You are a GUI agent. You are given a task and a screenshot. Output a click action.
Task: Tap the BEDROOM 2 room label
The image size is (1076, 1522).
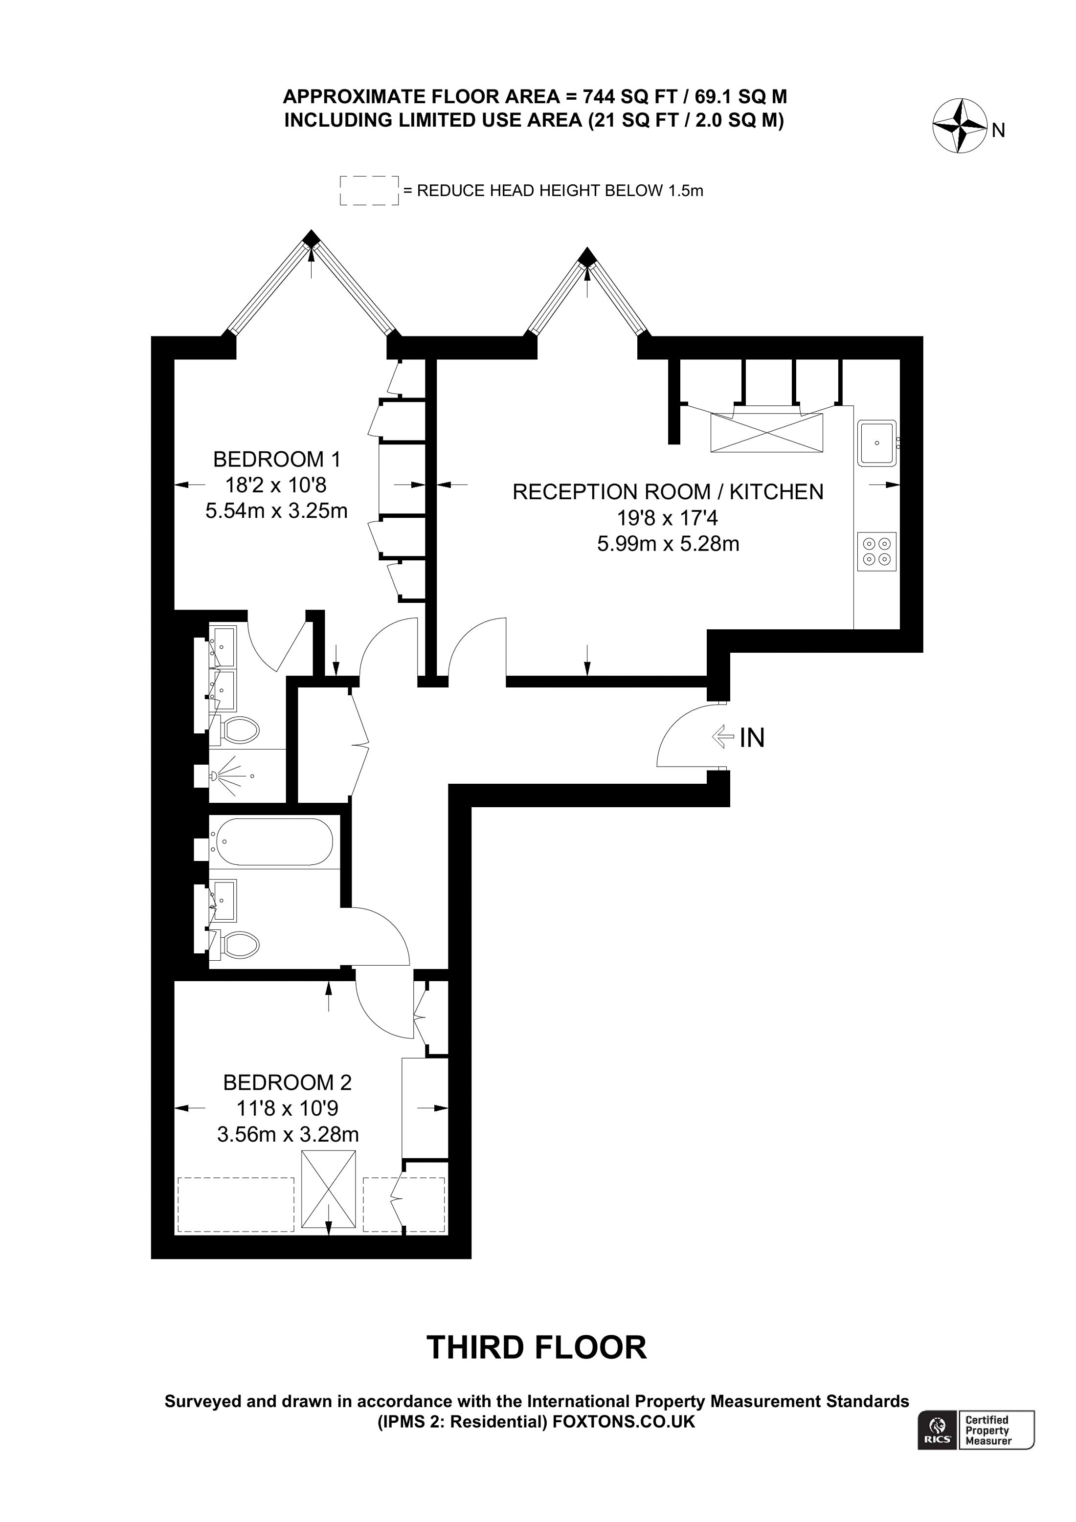(287, 1082)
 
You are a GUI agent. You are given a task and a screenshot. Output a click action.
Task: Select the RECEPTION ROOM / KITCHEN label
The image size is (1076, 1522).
(668, 492)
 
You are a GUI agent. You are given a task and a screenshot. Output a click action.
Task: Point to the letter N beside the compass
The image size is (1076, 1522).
(998, 131)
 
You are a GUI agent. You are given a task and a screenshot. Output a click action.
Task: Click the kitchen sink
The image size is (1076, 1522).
(877, 443)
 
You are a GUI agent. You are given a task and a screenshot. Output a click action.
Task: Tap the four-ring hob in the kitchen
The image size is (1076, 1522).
(876, 551)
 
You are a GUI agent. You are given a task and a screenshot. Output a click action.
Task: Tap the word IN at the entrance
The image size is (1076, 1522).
(752, 738)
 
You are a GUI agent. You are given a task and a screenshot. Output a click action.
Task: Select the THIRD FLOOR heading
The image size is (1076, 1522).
(537, 1347)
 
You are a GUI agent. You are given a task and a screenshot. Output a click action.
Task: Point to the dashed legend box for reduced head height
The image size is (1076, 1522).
(369, 190)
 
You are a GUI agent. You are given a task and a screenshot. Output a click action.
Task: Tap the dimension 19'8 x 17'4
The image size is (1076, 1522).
(668, 517)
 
